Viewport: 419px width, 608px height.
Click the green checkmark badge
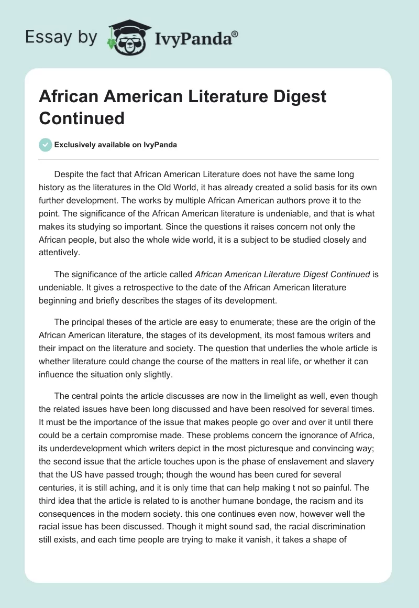[x=45, y=145]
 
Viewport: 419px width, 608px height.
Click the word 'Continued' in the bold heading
[x=82, y=118]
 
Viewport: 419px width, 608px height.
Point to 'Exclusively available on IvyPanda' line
[x=115, y=145]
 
